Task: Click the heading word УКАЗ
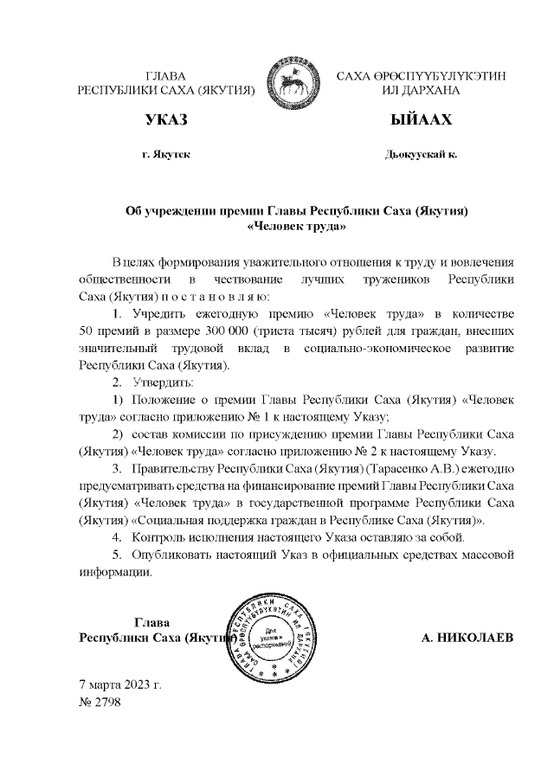[166, 119]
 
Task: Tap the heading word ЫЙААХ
[421, 119]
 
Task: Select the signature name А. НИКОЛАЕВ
[467, 639]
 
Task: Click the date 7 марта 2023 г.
[120, 684]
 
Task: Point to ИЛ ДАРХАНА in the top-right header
[421, 90]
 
